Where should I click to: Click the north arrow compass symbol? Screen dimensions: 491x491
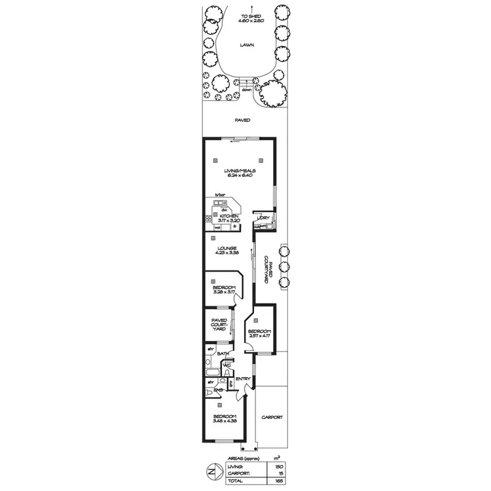(211, 470)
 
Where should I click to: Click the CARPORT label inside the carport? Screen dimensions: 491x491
(272, 417)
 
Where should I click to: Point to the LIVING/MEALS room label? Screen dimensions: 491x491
(239, 172)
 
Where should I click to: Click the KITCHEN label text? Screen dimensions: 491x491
(228, 215)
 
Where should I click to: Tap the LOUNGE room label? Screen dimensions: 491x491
(228, 248)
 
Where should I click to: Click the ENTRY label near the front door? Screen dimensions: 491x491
(243, 379)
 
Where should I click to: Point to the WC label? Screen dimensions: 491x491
(227, 365)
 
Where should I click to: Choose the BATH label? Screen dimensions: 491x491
(223, 354)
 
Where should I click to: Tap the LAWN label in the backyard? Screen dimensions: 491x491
(246, 45)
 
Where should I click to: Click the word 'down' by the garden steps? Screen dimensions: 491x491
(245, 90)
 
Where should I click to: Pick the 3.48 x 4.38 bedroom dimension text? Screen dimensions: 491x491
(224, 420)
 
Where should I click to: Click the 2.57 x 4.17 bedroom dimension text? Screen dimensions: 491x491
(259, 336)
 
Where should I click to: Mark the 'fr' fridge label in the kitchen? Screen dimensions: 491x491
(234, 227)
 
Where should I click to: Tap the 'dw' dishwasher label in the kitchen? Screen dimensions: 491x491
(223, 209)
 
